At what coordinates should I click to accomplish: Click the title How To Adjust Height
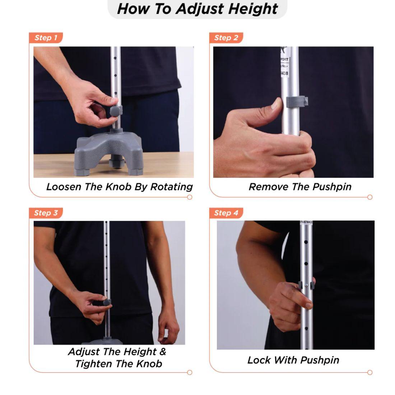point(197,9)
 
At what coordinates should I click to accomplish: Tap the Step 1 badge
point(46,38)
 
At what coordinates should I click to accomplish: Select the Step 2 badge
point(226,38)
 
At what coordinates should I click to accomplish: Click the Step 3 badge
point(46,213)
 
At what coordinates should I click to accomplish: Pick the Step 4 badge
point(226,213)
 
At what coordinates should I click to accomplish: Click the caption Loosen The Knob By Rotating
point(119,187)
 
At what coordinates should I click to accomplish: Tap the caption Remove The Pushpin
point(300,187)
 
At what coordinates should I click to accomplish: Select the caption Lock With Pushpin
point(293,360)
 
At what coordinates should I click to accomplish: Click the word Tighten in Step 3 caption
point(94,364)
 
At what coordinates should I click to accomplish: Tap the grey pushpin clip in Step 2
point(297,102)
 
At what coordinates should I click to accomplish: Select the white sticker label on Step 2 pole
point(284,63)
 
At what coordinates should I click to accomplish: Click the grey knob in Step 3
point(107,302)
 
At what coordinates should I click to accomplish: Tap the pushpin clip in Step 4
point(306,285)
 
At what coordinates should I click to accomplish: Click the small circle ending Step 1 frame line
point(190,197)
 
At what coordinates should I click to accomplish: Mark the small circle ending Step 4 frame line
point(370,372)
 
